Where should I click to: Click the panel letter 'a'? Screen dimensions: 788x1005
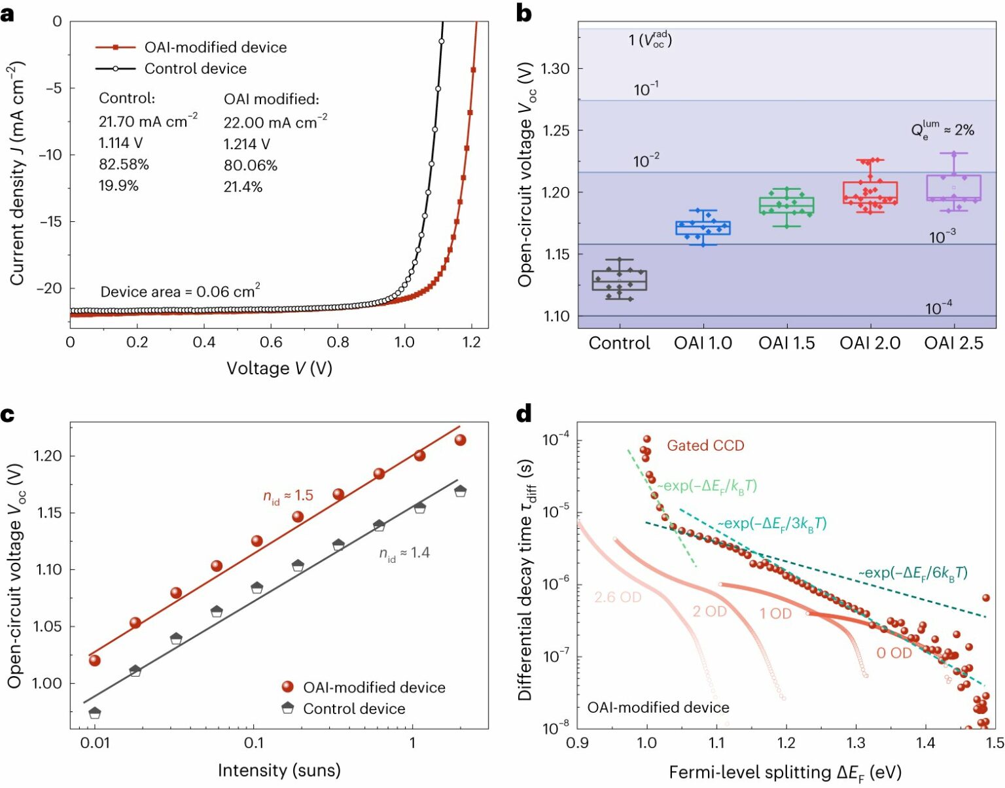(7, 13)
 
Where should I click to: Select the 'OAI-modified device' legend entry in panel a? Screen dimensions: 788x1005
(215, 47)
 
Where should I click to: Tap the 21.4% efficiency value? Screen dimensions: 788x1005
(243, 187)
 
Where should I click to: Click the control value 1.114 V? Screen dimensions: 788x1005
(120, 143)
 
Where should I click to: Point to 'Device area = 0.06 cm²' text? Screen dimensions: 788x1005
(180, 291)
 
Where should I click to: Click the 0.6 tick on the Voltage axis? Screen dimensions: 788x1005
(271, 342)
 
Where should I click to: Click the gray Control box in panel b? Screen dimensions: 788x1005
(619, 280)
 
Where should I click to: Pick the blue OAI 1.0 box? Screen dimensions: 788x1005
(703, 228)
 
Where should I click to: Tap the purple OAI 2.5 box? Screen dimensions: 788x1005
(953, 188)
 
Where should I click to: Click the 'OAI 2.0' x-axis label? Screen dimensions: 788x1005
(870, 343)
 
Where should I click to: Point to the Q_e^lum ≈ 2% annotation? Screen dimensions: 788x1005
(942, 129)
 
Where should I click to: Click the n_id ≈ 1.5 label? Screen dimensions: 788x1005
(288, 497)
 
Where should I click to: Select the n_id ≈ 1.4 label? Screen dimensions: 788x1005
(404, 554)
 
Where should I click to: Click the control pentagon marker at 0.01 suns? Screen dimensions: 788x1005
(95, 712)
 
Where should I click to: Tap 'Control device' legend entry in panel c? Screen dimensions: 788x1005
(353, 709)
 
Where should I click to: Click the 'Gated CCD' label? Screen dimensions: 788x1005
(705, 446)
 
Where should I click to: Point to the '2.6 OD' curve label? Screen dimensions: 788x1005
(618, 597)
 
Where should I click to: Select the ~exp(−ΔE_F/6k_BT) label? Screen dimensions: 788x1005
(913, 573)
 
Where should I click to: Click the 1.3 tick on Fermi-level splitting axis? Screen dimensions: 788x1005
(856, 743)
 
